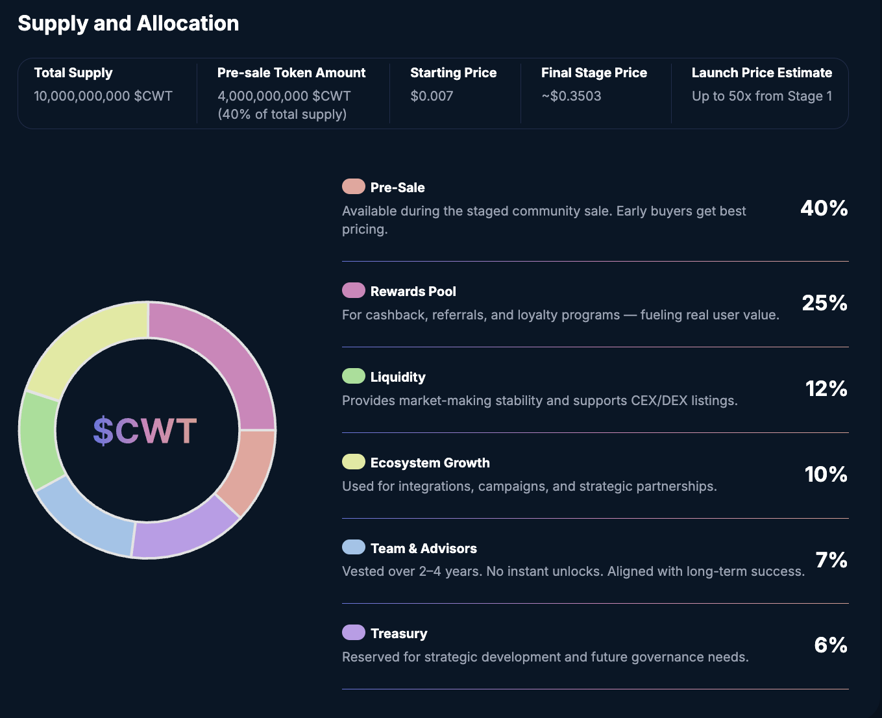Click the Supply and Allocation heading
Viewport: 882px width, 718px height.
click(128, 23)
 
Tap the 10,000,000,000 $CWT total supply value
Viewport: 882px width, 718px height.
click(103, 96)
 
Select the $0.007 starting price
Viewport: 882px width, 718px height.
click(432, 96)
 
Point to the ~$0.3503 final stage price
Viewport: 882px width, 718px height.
click(571, 96)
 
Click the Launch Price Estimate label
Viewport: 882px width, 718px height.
click(761, 73)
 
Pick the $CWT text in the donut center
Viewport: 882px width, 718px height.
click(145, 430)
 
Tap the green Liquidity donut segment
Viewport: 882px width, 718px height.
click(39, 439)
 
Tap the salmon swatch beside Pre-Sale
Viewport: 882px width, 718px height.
click(354, 187)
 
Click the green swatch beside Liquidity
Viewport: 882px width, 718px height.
click(354, 377)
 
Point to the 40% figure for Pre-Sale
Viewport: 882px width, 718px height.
click(824, 208)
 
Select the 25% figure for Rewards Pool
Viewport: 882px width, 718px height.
click(824, 303)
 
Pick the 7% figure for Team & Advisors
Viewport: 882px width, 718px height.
click(831, 560)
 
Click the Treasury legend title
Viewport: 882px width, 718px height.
click(398, 634)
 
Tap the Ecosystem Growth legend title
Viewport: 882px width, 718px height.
click(430, 463)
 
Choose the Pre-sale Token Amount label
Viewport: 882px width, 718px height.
click(291, 73)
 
